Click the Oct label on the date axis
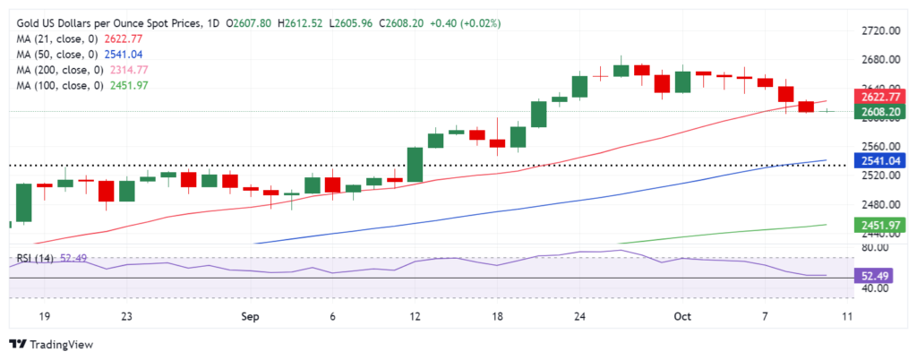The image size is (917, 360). coord(683,316)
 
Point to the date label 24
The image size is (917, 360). coord(579,316)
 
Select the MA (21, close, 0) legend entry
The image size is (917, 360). coord(81,39)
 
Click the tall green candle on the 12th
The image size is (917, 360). coord(416,164)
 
